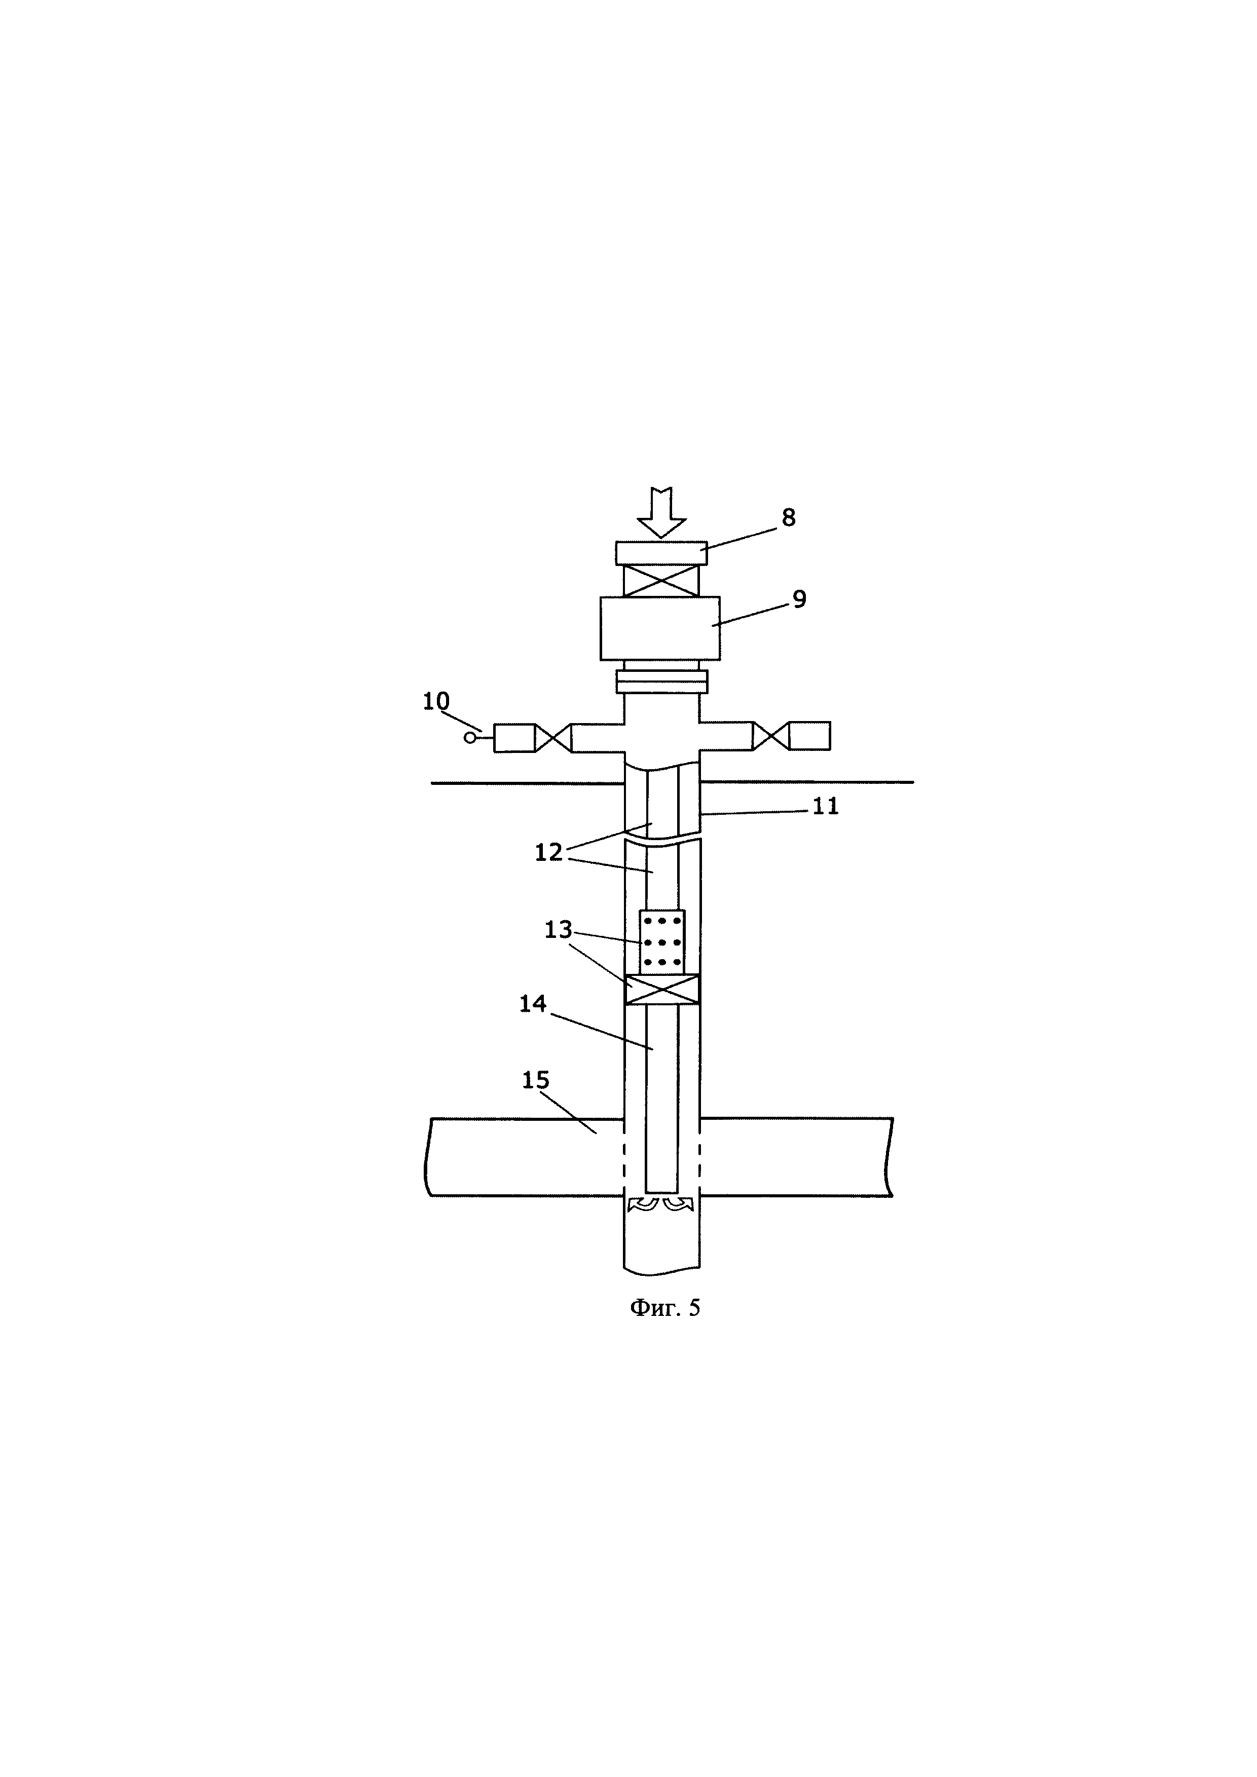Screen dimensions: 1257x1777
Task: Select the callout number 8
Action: coord(788,518)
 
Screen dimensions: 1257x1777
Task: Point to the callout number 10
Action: coord(436,701)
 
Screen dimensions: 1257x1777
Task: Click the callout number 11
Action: coord(825,807)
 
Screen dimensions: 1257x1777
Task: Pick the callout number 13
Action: coord(558,929)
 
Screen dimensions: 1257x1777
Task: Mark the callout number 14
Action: coord(533,1004)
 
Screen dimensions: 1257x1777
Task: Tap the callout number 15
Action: coord(536,1080)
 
